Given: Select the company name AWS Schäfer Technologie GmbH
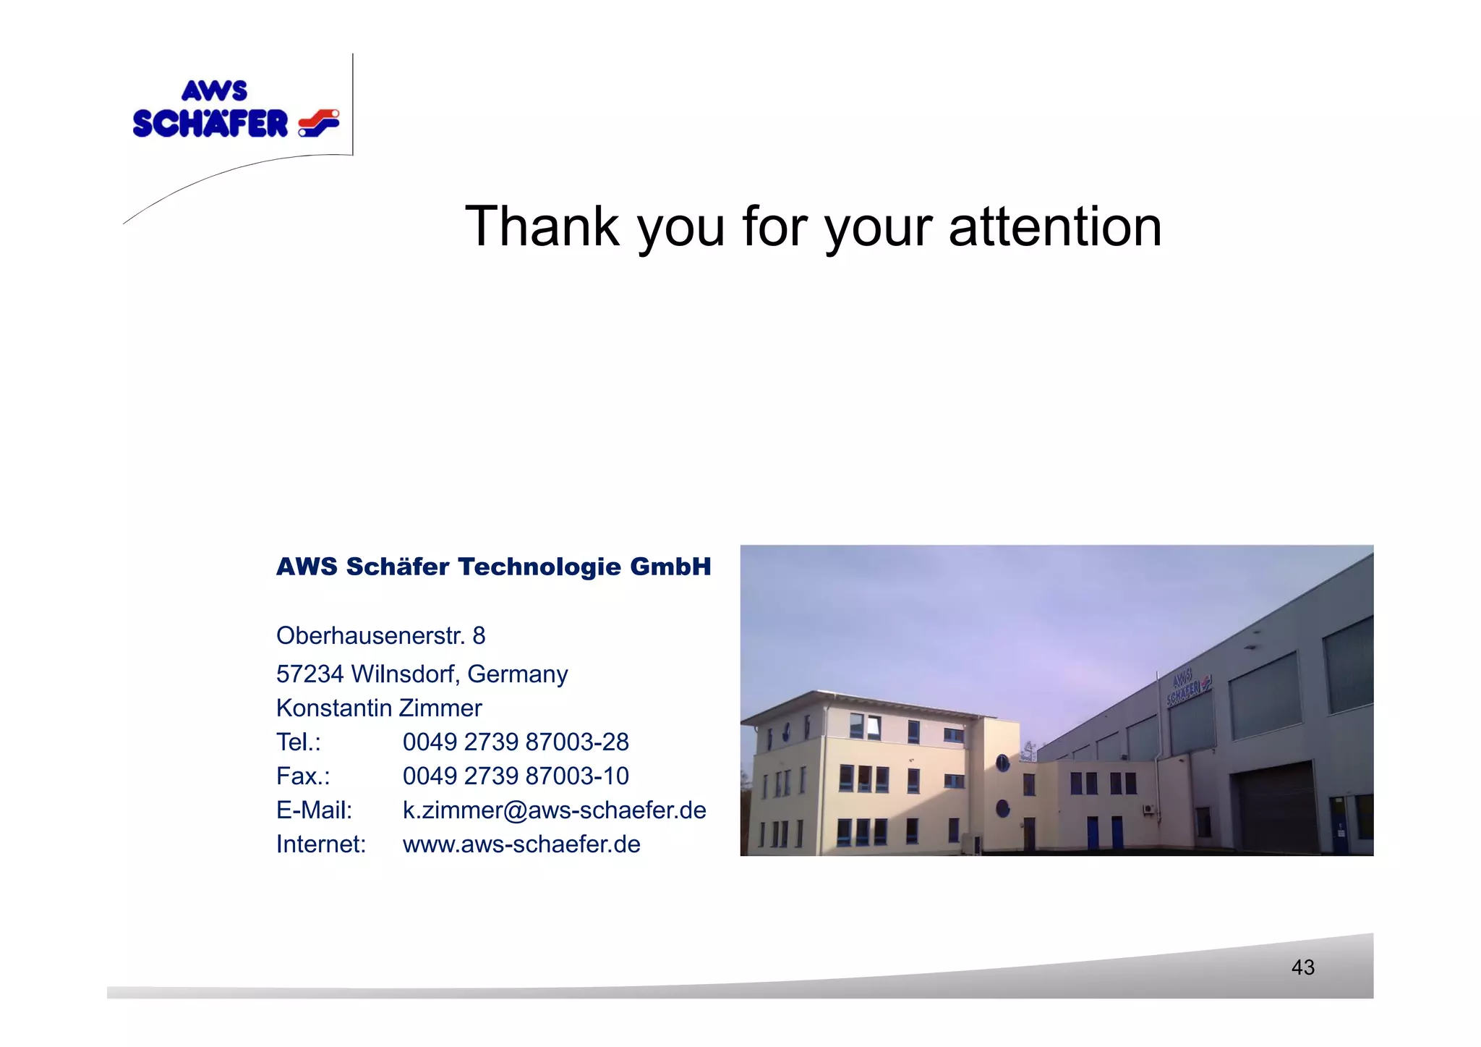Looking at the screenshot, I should point(493,567).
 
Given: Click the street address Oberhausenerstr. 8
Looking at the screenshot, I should point(380,636).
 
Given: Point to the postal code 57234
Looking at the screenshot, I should point(310,674).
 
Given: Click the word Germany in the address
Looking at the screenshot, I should point(518,674).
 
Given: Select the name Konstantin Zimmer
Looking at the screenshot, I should point(379,708).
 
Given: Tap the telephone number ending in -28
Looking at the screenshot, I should point(516,742).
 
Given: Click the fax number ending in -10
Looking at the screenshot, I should point(516,776).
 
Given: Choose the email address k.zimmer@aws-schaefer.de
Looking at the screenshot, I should point(554,810).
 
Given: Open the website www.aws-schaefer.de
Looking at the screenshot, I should point(521,844).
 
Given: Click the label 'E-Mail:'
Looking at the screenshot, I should point(314,810).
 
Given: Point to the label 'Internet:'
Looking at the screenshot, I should point(321,844).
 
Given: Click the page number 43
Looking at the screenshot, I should point(1302,967).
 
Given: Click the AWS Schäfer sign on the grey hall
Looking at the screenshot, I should point(1187,687).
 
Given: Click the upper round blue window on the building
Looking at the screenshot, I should point(1002,762).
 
